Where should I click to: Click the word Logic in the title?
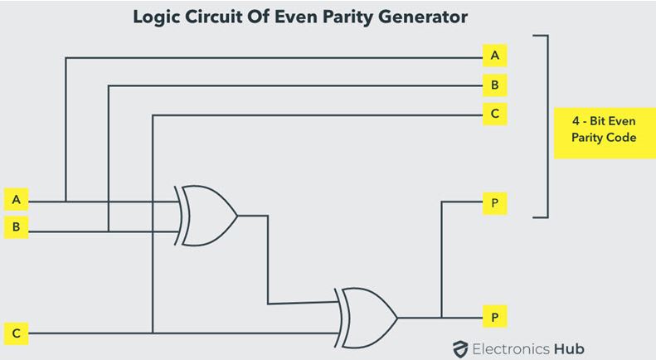point(158,17)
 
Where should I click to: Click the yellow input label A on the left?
point(17,200)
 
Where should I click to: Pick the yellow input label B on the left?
point(17,226)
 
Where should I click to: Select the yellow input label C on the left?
point(17,333)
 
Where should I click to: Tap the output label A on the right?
point(494,56)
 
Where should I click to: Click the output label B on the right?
point(494,85)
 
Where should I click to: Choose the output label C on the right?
point(494,114)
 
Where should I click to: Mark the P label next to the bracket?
point(494,202)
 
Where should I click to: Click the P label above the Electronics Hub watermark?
point(494,317)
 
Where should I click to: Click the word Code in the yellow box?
point(620,138)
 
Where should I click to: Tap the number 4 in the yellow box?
point(576,121)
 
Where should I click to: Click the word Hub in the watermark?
point(568,348)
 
